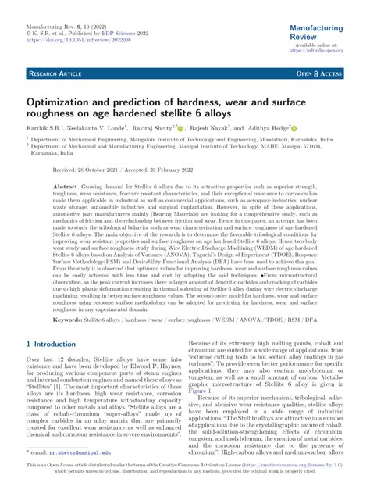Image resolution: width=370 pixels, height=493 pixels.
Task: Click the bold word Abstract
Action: [66, 188]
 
